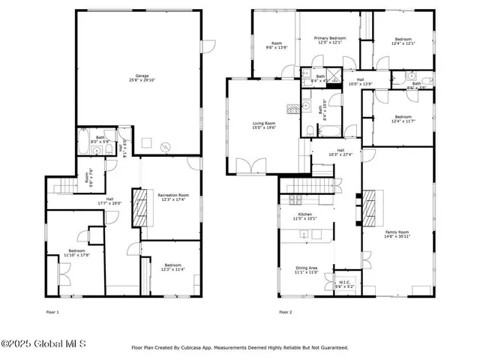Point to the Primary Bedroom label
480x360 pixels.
329,40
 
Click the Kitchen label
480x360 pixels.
305,217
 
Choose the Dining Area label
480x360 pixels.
305,270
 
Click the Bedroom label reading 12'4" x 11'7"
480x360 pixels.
403,118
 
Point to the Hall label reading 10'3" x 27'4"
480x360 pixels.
340,152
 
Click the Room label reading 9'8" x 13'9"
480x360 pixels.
277,45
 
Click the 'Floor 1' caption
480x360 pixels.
52,312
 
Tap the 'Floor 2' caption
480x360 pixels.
285,312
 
